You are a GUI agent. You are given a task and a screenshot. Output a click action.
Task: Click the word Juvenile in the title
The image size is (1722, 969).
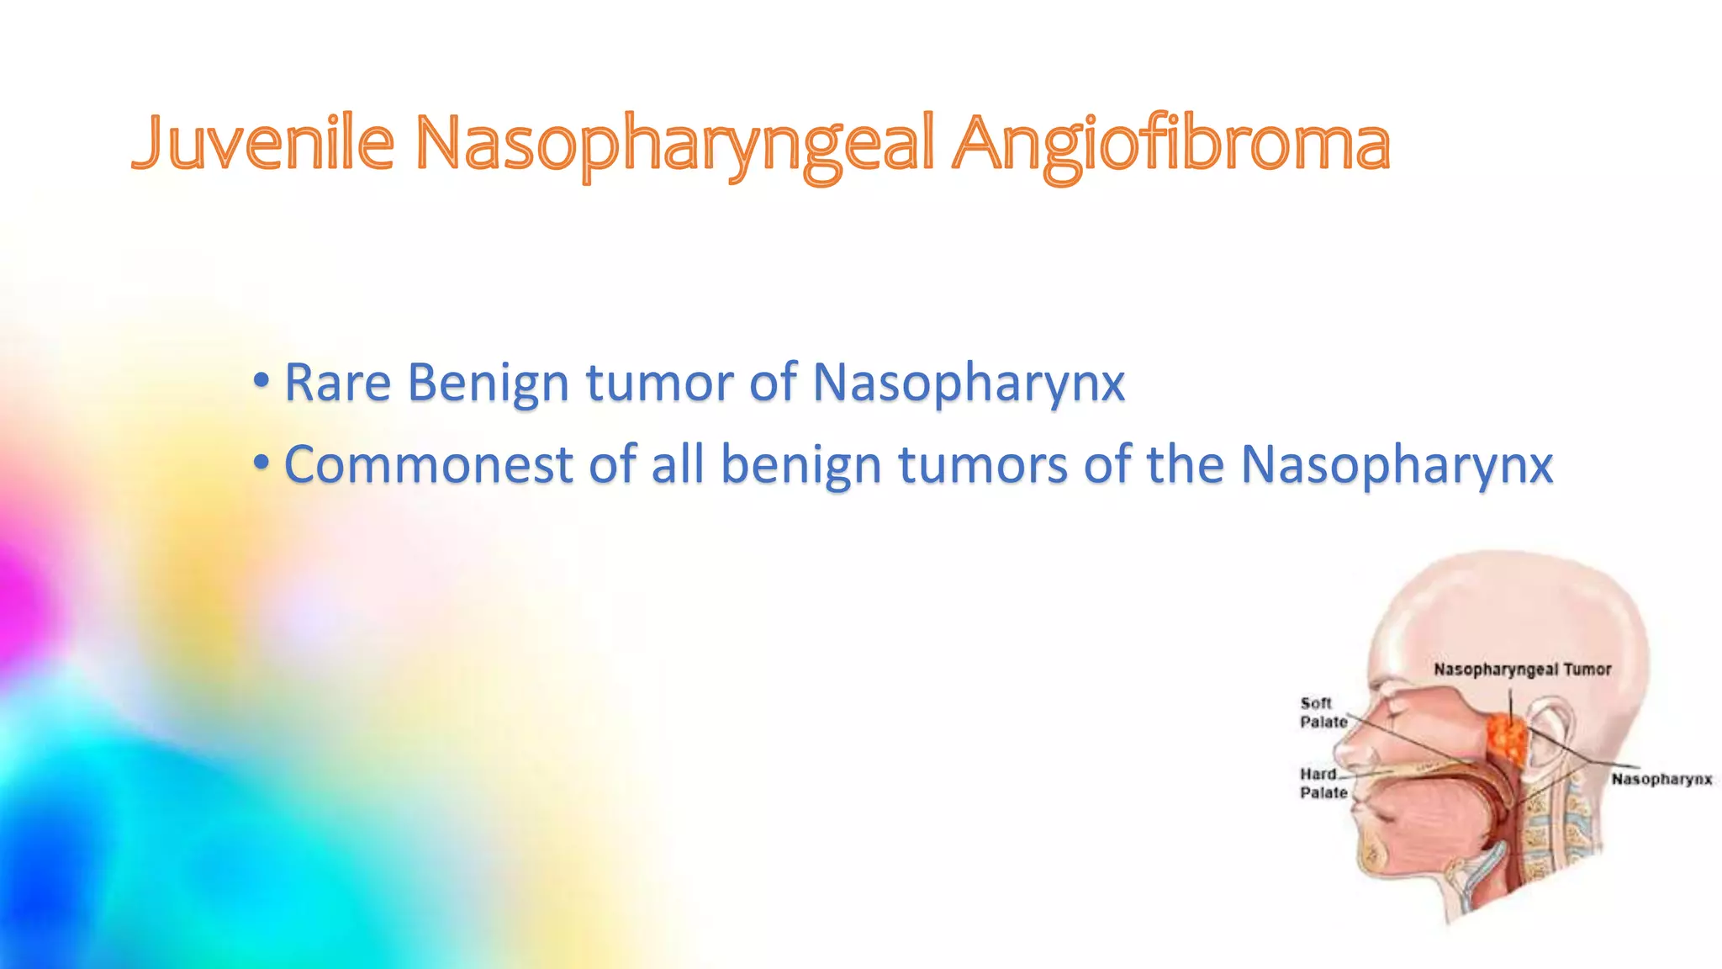pyautogui.click(x=263, y=143)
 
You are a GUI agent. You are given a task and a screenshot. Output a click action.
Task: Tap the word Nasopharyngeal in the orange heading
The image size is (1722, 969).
pyautogui.click(x=674, y=145)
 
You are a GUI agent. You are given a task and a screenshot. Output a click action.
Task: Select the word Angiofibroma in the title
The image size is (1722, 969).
pyautogui.click(x=1170, y=145)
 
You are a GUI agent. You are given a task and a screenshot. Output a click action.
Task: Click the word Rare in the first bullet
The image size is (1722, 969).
pyautogui.click(x=337, y=383)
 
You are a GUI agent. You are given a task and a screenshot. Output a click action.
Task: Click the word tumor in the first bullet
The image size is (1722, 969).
pyautogui.click(x=659, y=383)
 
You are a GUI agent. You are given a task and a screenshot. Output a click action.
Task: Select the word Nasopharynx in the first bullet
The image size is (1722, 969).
pyautogui.click(x=969, y=384)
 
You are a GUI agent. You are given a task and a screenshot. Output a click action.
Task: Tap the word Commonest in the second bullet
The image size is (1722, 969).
pyautogui.click(x=428, y=465)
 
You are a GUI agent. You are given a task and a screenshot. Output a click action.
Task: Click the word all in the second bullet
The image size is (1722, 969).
pyautogui.click(x=678, y=464)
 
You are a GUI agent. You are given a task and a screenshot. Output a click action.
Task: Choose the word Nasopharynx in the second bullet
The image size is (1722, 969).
pyautogui.click(x=1397, y=466)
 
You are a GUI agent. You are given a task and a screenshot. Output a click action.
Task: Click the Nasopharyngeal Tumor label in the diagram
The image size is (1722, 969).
pyautogui.click(x=1522, y=670)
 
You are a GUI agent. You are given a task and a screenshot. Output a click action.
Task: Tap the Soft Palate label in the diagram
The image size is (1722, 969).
pyautogui.click(x=1322, y=712)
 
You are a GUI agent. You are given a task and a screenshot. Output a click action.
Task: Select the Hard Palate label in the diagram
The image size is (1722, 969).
pyautogui.click(x=1322, y=783)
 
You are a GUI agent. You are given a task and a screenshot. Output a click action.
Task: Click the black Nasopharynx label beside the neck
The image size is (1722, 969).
pyautogui.click(x=1661, y=779)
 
